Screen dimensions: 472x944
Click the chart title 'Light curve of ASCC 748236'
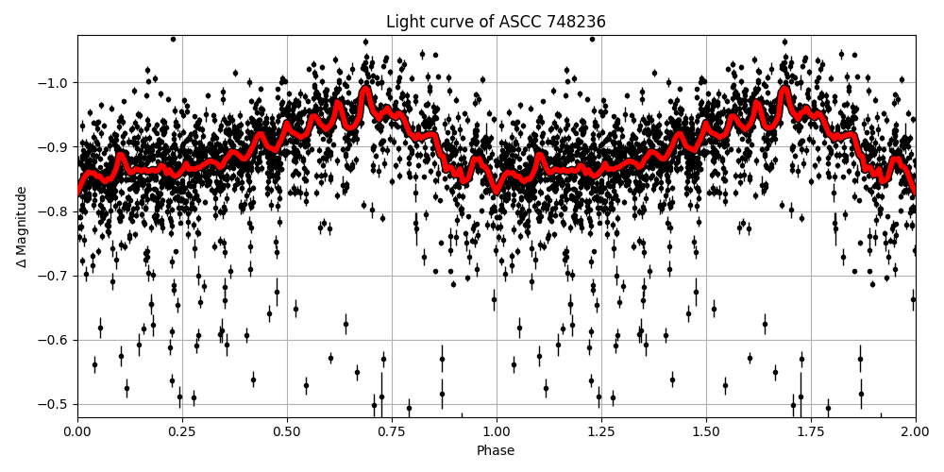(496, 22)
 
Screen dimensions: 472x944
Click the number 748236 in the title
(574, 22)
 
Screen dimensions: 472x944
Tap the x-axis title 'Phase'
(496, 451)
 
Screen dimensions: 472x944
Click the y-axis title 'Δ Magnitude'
(21, 227)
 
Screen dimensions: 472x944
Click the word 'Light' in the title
(404, 22)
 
